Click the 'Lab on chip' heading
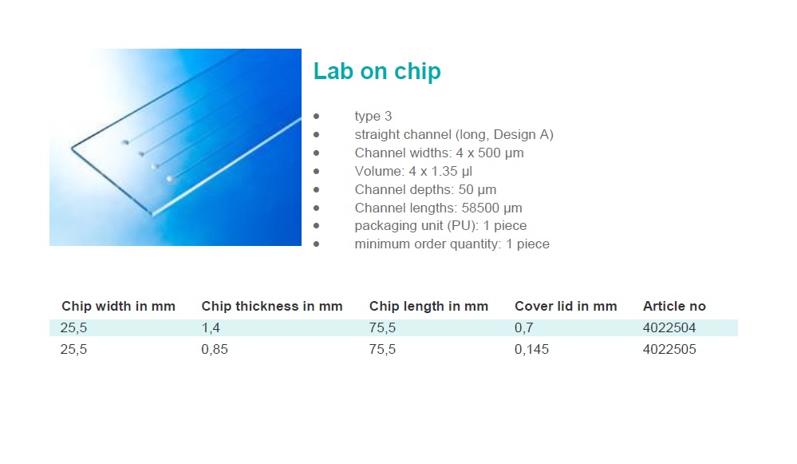tap(377, 71)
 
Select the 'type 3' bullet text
tap(373, 117)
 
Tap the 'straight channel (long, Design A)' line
tap(454, 135)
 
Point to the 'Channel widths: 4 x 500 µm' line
tap(439, 153)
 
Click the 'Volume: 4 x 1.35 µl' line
tap(413, 172)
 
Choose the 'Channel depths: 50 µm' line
tap(425, 190)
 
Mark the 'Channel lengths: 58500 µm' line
tap(438, 208)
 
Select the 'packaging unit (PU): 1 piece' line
tap(440, 226)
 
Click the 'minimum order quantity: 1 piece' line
tap(452, 244)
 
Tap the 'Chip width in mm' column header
tap(118, 307)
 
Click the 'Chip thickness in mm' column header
tap(272, 307)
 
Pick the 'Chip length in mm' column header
tap(428, 307)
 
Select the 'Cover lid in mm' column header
tap(566, 307)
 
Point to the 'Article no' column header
tap(674, 307)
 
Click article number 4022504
tap(669, 327)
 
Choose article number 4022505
tap(669, 350)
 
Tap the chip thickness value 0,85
tap(215, 350)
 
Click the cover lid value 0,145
tap(531, 350)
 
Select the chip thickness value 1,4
tap(211, 328)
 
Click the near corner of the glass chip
tap(152, 214)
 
